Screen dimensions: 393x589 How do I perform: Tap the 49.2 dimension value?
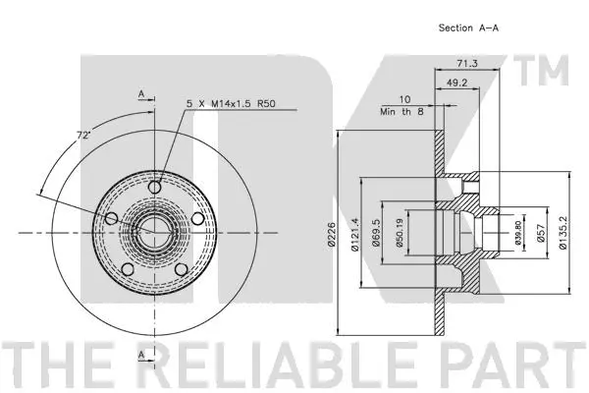tap(456, 84)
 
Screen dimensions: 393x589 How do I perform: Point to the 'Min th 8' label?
tap(401, 113)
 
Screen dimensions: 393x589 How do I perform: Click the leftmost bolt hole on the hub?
tap(111, 218)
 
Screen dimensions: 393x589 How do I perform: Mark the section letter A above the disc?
tap(141, 94)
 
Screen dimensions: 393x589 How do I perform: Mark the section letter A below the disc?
tap(141, 353)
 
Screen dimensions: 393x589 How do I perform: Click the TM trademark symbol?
tap(550, 72)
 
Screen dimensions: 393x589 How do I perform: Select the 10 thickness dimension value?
tap(403, 99)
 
